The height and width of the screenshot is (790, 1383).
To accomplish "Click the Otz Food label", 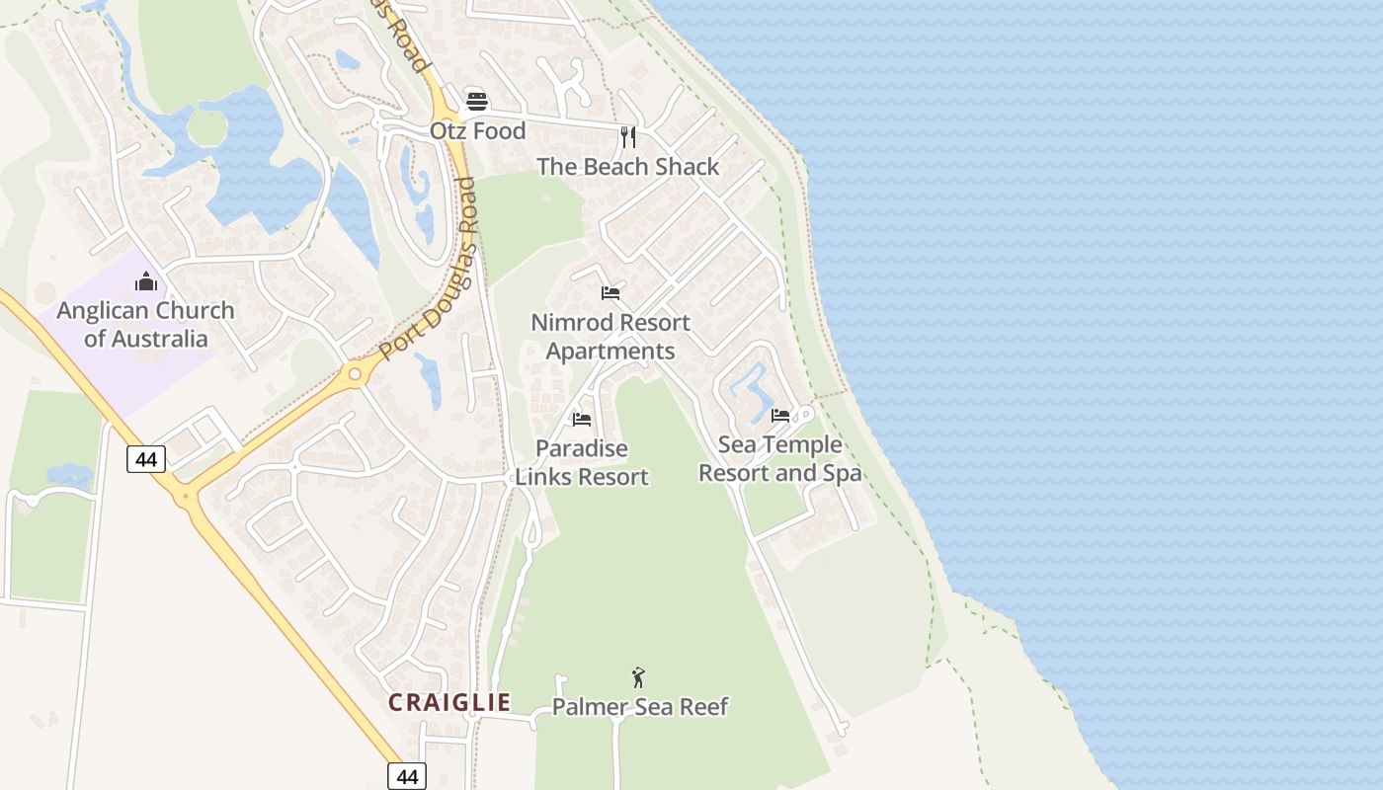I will tap(477, 130).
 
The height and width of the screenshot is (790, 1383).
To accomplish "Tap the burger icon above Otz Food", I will tap(477, 102).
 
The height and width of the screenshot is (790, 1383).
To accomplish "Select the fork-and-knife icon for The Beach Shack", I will tap(627, 136).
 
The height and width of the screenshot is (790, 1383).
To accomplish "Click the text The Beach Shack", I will tap(628, 167).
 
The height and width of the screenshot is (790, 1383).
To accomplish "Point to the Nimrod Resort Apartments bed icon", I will tap(610, 293).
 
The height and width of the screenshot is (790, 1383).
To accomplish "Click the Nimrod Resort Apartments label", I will tap(610, 337).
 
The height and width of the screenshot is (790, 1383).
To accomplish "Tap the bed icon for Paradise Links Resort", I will tap(582, 420).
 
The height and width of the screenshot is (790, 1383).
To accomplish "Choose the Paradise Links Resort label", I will tap(582, 463).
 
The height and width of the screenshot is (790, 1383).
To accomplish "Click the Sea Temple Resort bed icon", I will tap(780, 416).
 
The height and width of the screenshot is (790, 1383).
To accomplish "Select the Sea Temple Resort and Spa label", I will tap(779, 459).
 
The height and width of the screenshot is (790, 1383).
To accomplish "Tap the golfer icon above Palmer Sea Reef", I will tap(639, 677).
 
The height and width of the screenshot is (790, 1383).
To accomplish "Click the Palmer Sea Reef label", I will tap(640, 707).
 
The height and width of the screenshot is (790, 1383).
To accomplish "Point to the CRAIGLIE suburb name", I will tap(449, 702).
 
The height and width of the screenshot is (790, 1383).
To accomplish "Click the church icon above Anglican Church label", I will tap(146, 282).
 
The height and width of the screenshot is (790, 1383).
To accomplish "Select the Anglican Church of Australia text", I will tap(146, 325).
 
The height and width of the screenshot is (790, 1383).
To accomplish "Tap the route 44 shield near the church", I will tap(146, 458).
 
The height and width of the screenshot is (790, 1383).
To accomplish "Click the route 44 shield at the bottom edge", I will tap(407, 776).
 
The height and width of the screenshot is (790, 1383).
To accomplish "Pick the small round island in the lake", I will tap(206, 127).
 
